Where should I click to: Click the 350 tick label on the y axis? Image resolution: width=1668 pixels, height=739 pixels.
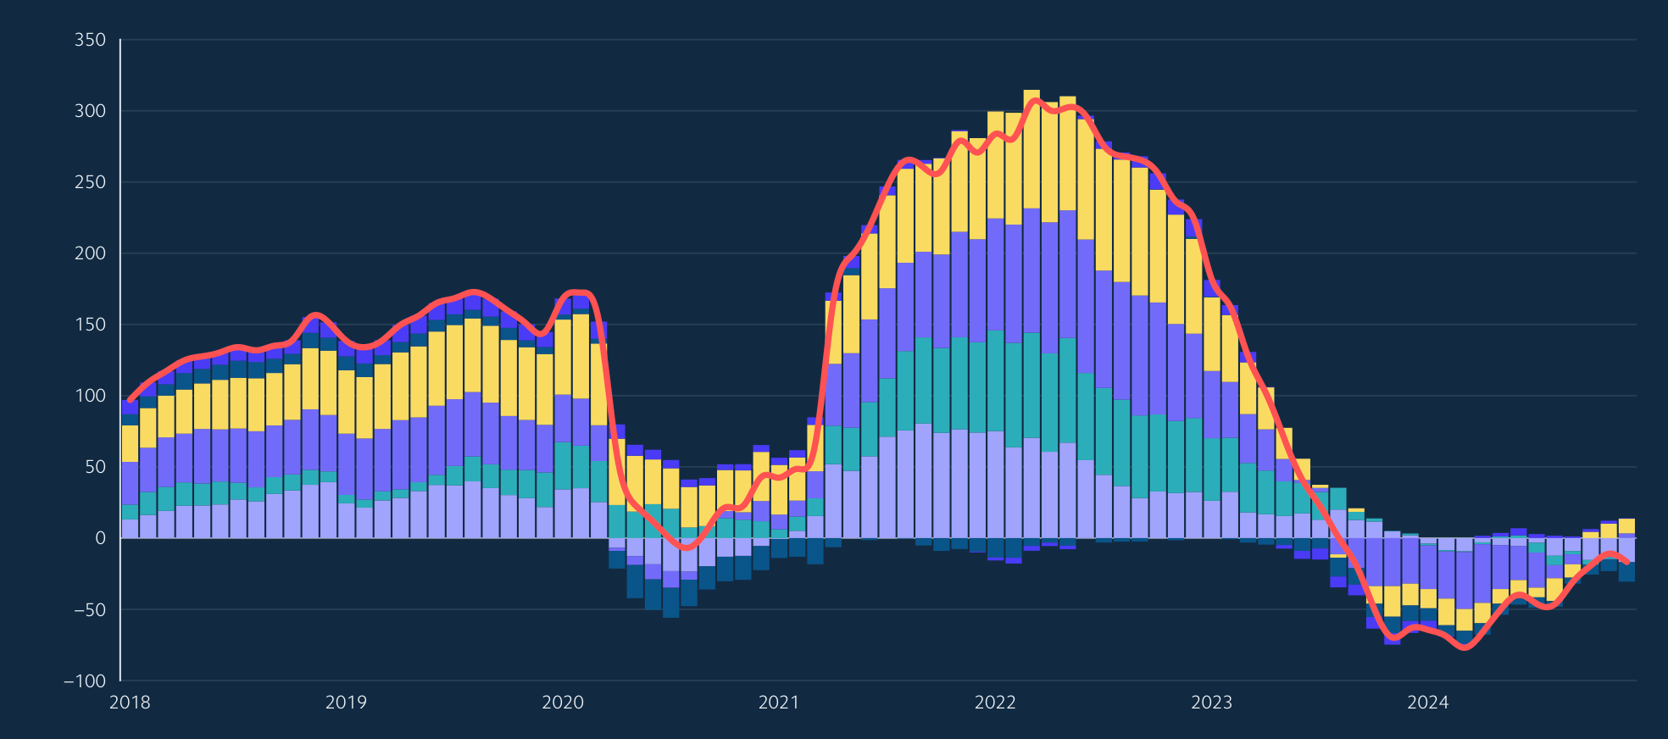pos(90,40)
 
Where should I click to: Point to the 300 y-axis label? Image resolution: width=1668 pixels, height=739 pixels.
pos(90,111)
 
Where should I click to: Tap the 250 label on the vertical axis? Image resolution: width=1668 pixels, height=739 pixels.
pos(90,182)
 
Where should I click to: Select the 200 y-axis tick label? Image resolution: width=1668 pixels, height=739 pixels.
pos(90,253)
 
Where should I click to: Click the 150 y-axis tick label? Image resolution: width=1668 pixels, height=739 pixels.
pos(90,325)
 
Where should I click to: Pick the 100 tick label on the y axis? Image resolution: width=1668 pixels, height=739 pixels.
pos(90,396)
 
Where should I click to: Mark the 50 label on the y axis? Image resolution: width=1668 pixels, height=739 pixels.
pos(94,467)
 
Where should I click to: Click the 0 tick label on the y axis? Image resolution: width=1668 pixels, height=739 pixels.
pos(100,538)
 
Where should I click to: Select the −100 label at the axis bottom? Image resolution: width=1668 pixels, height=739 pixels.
pos(84,681)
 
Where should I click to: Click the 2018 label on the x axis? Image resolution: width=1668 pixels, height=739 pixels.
pos(130,703)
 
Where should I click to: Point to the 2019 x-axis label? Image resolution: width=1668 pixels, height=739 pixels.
pos(346,703)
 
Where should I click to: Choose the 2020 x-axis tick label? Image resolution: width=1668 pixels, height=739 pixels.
pos(563,703)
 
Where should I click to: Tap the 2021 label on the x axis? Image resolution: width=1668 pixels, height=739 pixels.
pos(779,703)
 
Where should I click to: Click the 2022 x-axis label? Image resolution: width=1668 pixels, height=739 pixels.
pos(995,703)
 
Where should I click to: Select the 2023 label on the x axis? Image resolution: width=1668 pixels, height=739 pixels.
pos(1211,703)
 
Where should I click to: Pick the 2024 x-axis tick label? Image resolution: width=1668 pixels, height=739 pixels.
pos(1428,703)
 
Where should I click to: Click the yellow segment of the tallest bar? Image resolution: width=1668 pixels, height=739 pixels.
pos(1031,148)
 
